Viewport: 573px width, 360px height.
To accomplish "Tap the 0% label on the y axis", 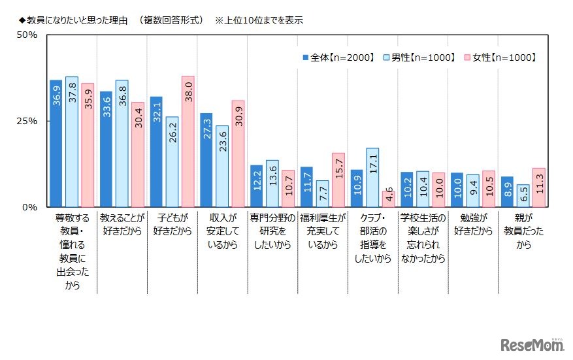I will (30, 207).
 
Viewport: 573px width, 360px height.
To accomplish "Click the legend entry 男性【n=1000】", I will (418, 57).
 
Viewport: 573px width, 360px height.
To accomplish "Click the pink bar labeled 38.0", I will (188, 142).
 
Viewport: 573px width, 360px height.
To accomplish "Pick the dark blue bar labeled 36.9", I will (56, 144).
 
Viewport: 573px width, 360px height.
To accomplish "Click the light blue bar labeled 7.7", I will (322, 193).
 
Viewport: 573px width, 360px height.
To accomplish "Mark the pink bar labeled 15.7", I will (338, 180).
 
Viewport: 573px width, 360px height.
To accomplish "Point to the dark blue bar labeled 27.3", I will (206, 160).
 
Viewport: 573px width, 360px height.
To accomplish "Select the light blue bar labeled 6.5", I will (523, 195).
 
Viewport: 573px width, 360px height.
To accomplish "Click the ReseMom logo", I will (532, 344).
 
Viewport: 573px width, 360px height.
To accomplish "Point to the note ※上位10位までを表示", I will (259, 20).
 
